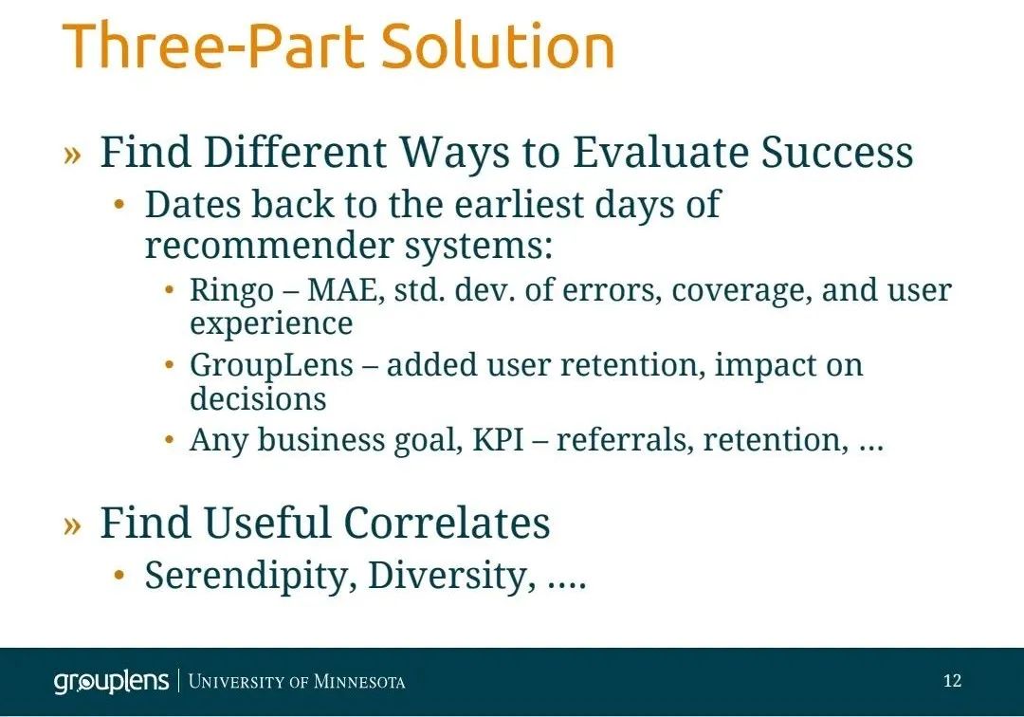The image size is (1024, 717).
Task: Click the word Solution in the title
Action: (498, 46)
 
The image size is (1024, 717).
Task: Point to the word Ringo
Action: (231, 290)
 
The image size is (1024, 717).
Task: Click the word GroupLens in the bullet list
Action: (271, 366)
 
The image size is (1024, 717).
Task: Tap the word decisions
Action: (258, 398)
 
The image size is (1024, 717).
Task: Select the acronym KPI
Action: (498, 439)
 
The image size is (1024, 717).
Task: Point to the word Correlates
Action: (447, 524)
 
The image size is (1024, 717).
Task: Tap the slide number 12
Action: (952, 681)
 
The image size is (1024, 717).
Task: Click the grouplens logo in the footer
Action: (112, 682)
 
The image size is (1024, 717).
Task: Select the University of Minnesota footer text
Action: (297, 682)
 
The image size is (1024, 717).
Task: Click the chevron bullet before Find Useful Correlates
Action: (72, 525)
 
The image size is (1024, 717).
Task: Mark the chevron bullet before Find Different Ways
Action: (72, 155)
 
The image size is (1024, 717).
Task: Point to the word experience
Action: (271, 324)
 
